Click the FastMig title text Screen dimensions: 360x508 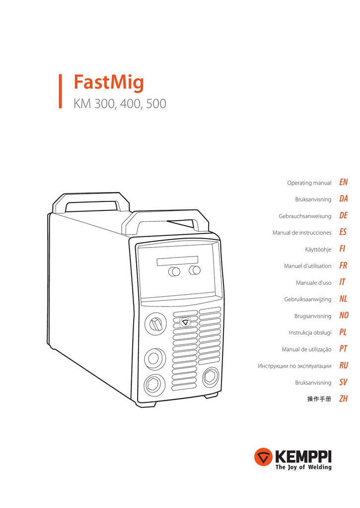click(109, 82)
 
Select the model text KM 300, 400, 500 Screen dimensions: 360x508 click(120, 104)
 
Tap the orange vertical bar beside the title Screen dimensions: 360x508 click(61, 91)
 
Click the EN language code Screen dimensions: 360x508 click(343, 183)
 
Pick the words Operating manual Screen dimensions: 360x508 click(309, 183)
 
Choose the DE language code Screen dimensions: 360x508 click(343, 216)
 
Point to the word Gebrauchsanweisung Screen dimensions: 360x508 click(305, 216)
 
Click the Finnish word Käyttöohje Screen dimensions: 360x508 click(318, 250)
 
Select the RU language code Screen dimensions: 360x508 click(344, 366)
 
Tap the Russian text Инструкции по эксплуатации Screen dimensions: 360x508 click(294, 366)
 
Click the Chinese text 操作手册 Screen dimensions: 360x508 click(319, 399)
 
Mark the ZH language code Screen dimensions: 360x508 click(343, 399)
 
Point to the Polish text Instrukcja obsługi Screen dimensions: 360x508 click(310, 332)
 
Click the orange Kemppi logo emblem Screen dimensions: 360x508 click(263, 457)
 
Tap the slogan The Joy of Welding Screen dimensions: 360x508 click(303, 467)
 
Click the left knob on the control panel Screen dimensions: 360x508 click(174, 271)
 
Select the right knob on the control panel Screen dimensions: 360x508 click(195, 270)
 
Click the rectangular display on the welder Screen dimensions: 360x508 click(177, 261)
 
